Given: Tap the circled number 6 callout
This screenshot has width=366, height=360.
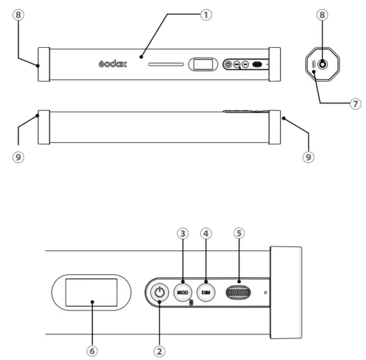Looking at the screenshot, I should pos(92,349).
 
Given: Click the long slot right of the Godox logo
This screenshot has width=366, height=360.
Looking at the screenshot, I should pos(166,65).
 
